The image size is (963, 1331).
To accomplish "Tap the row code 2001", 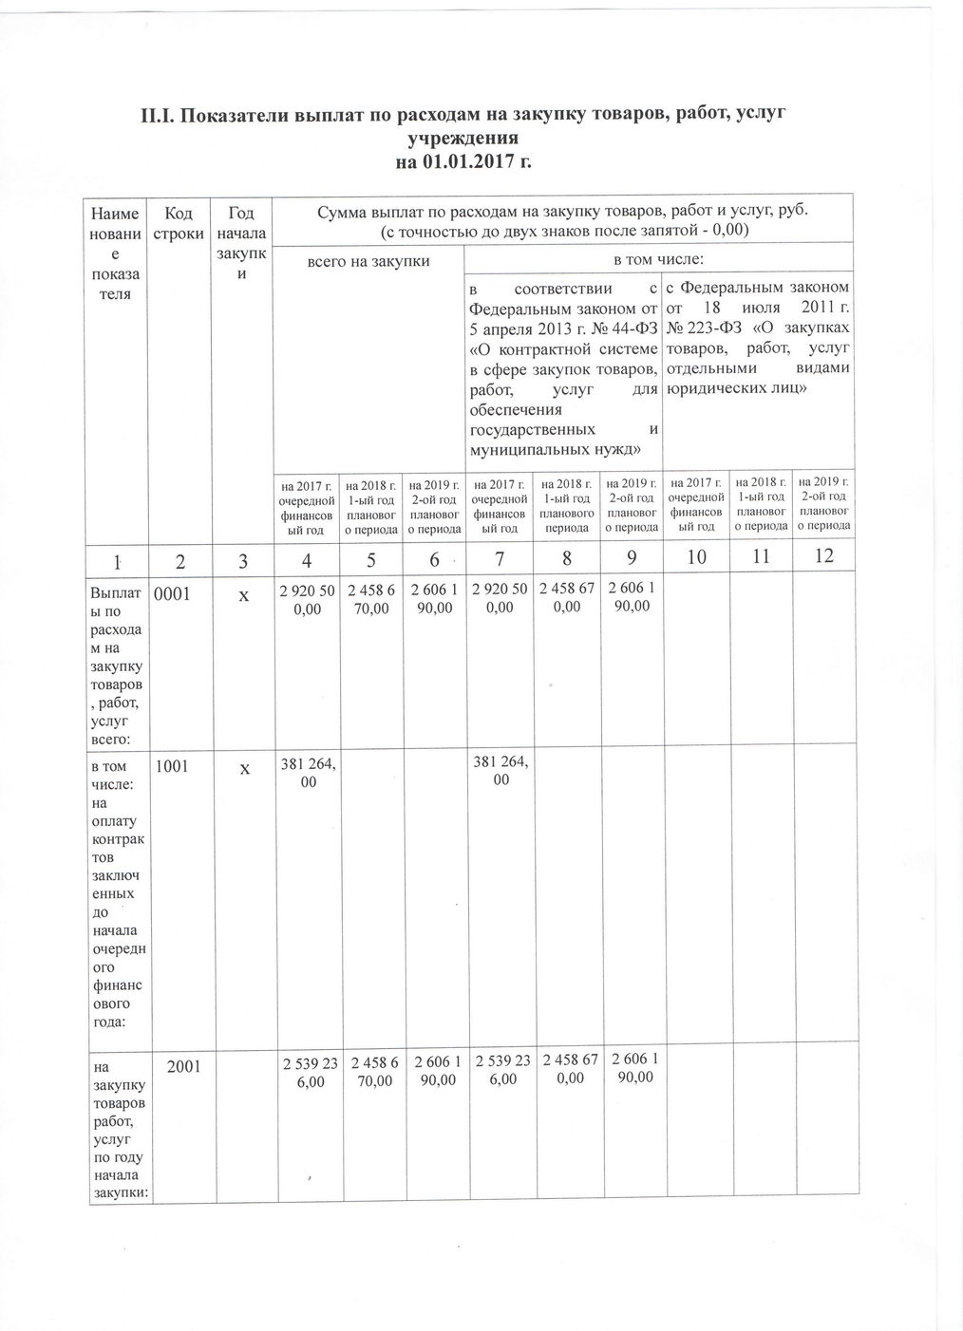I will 183,1066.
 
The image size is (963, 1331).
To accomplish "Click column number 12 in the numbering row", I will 823,555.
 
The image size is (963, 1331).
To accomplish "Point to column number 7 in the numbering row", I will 500,559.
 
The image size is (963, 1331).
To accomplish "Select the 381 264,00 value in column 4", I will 306,772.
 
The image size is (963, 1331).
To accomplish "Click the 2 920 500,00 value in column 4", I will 306,600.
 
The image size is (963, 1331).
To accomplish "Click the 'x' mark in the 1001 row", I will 244,768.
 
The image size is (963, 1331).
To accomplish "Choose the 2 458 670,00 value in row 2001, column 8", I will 567,1068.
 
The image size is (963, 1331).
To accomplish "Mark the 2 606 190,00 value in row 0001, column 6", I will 435,600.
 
